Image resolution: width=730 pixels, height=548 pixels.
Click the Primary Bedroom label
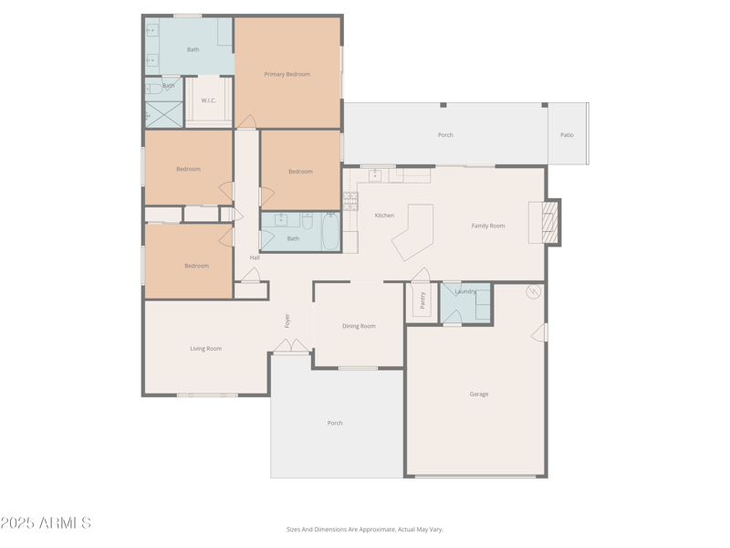coord(287,74)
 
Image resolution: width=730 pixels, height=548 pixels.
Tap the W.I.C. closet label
coord(208,100)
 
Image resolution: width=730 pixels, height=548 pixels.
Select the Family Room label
coord(488,226)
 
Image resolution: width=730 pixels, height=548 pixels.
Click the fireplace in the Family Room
coord(547,222)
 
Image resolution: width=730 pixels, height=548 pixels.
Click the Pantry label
coord(422,300)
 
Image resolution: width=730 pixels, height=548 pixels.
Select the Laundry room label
coord(465,291)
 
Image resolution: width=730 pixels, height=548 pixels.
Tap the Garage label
coord(479,394)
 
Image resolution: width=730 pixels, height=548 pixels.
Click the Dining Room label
coord(359,326)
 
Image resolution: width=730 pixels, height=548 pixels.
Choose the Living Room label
coord(205,348)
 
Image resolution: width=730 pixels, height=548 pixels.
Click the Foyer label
coord(287,321)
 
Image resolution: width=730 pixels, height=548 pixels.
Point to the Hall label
coord(255,258)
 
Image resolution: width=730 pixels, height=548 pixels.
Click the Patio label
coord(567,135)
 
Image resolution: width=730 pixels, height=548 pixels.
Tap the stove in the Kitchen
coord(351,200)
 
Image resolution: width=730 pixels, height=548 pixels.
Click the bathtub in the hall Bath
coord(330,231)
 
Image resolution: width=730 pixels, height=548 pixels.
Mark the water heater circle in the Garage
coord(534,291)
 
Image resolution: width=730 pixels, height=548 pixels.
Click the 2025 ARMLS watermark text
coord(46,523)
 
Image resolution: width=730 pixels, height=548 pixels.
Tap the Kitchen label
coord(384,216)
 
